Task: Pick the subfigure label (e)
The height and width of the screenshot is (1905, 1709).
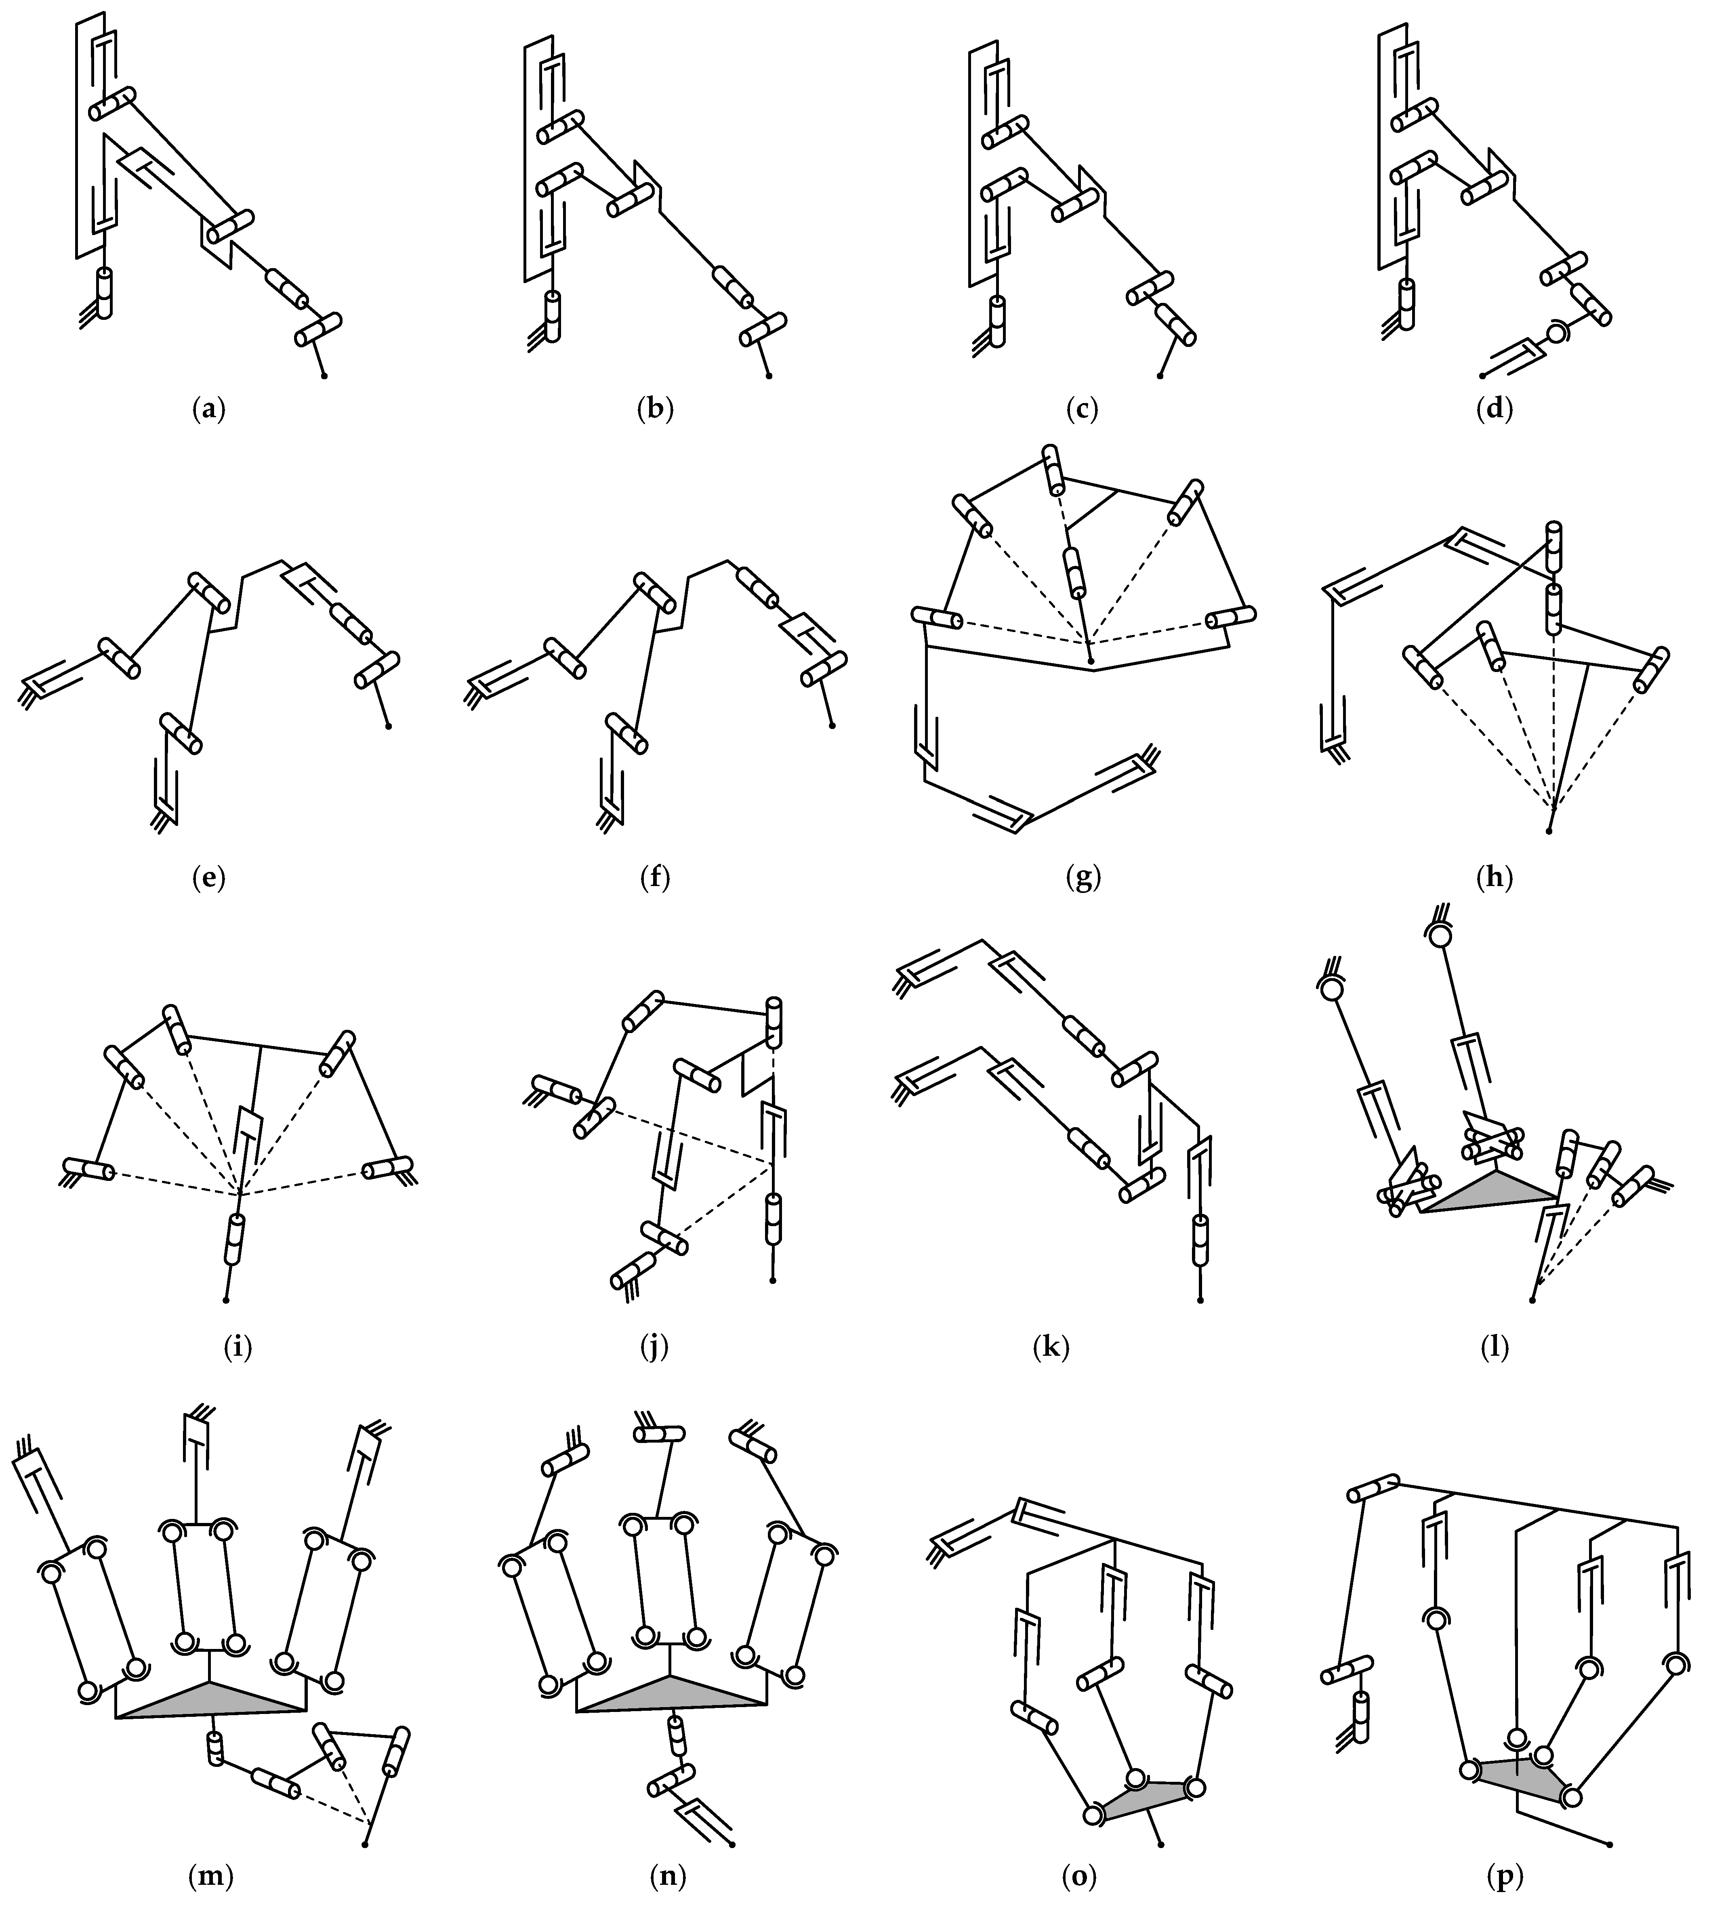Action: click(208, 879)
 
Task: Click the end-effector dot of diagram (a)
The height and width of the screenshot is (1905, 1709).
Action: click(324, 376)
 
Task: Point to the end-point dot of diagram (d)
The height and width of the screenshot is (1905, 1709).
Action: click(1482, 376)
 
